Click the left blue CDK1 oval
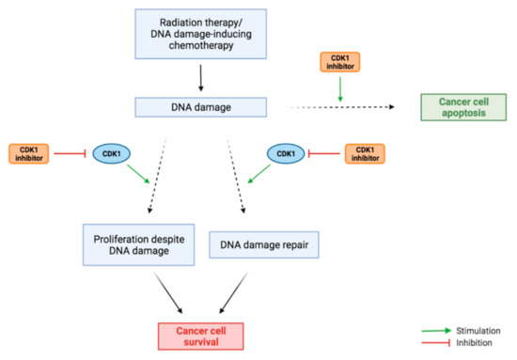point(110,152)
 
